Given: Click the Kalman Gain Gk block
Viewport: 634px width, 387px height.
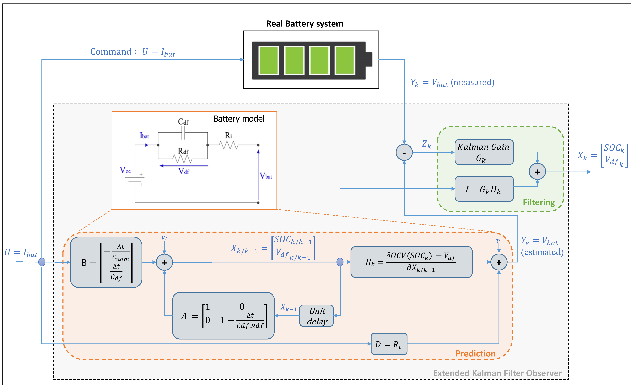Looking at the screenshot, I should (484, 152).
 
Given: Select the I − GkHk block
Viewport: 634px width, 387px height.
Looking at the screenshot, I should (484, 189).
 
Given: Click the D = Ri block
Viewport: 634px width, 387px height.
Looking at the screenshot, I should (389, 344).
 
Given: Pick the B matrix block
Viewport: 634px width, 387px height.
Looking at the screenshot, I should (106, 262).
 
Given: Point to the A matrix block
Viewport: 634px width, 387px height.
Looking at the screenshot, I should (223, 316).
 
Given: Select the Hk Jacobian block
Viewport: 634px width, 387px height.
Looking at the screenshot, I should (411, 262).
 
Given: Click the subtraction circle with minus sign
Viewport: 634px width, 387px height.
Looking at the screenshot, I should (404, 153).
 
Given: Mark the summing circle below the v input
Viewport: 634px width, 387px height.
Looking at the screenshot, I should (499, 262).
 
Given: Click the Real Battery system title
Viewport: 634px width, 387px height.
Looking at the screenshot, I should (304, 24).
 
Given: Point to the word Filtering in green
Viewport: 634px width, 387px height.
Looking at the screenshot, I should (539, 202).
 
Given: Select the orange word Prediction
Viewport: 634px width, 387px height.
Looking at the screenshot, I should (475, 354).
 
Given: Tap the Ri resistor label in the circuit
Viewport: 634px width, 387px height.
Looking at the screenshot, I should (228, 135).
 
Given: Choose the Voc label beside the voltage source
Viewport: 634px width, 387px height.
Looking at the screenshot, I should (125, 170).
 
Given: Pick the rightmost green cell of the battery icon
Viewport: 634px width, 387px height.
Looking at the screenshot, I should (345, 60).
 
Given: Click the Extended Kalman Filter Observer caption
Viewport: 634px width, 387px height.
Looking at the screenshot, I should (497, 373).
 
